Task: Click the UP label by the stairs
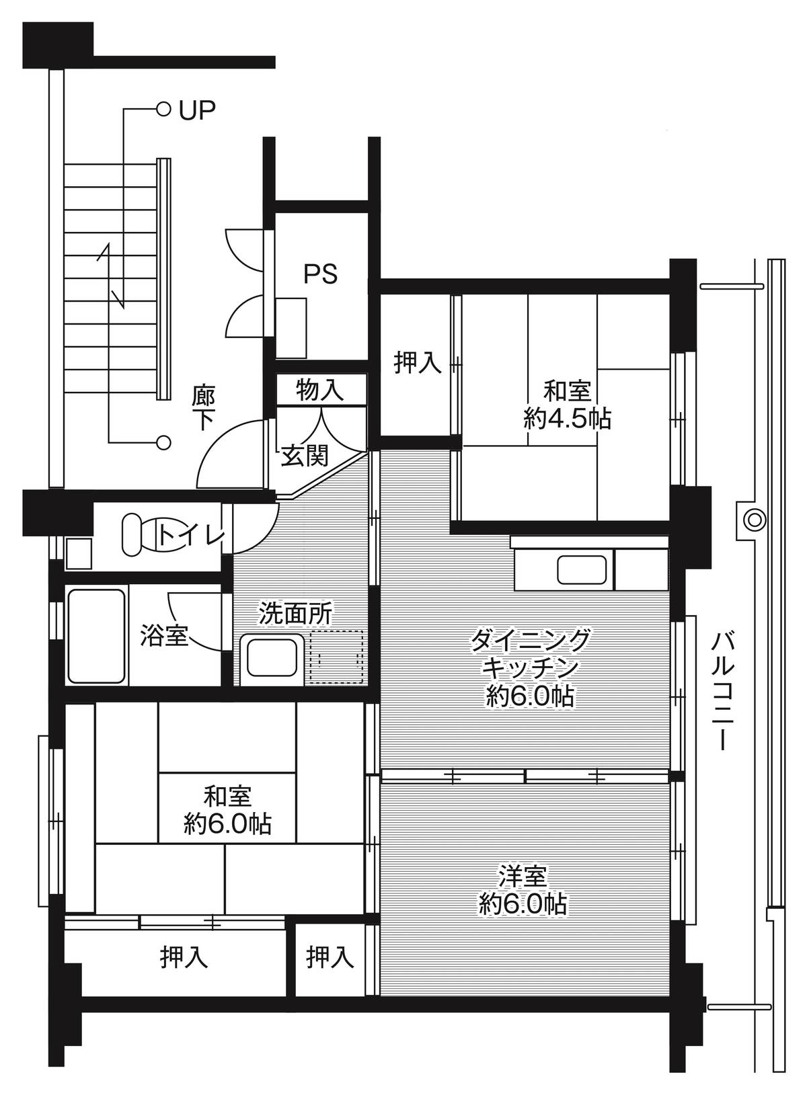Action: click(x=197, y=110)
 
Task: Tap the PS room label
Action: click(x=320, y=274)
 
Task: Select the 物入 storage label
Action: click(x=321, y=390)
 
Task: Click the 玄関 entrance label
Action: click(x=304, y=456)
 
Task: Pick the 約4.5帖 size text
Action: click(x=567, y=419)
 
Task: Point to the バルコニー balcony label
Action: click(x=724, y=690)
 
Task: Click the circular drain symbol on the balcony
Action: click(x=754, y=519)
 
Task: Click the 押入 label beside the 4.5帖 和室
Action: click(x=418, y=363)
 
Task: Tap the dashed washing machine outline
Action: click(x=336, y=657)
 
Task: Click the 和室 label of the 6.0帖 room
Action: click(x=227, y=797)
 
